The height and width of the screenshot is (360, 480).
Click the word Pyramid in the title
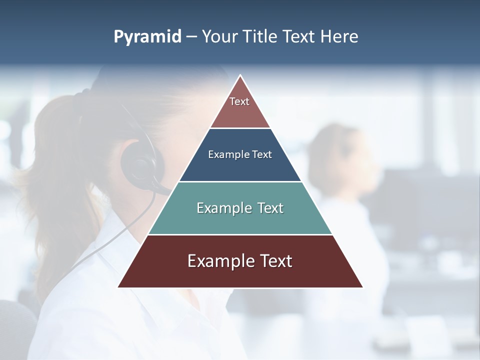tap(147, 37)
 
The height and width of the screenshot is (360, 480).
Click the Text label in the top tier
tap(239, 101)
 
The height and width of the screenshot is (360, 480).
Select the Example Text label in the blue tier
tap(240, 155)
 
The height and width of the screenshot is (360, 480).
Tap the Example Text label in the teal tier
tap(240, 208)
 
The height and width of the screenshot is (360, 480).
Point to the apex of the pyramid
tap(240, 76)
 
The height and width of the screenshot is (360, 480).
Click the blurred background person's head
tap(335, 155)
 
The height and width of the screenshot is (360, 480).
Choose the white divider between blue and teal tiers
tap(240, 181)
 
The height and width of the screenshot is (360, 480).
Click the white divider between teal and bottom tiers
tap(240, 234)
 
